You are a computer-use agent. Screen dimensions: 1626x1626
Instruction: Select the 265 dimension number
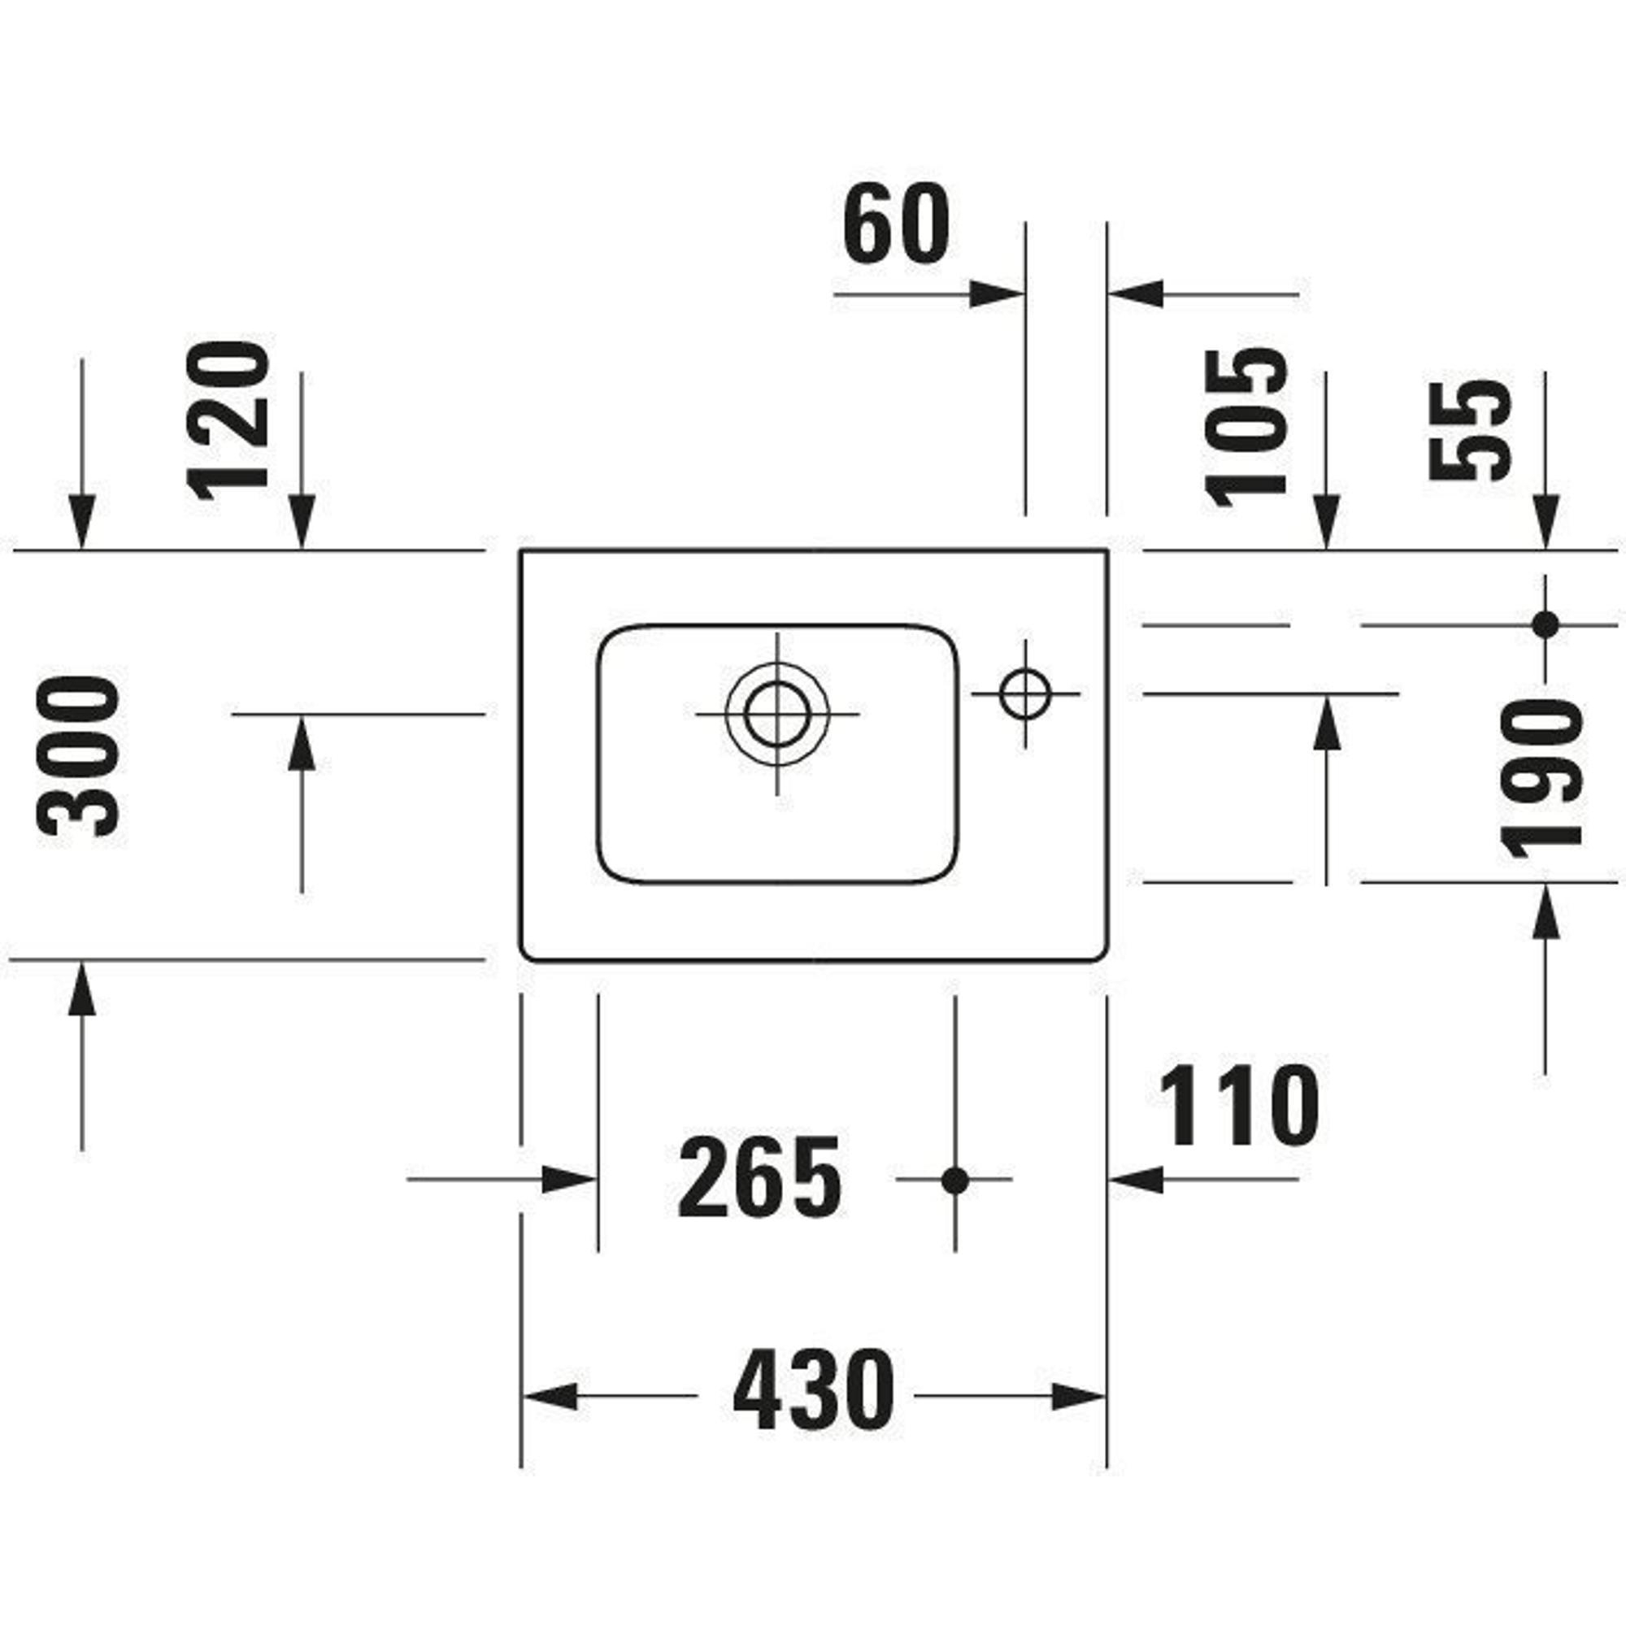759,1176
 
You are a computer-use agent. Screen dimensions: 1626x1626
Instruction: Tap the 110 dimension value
1239,1105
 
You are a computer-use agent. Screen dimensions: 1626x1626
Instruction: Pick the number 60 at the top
895,224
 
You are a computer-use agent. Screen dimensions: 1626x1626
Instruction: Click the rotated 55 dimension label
1469,430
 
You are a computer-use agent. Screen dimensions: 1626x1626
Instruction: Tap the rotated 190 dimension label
1541,779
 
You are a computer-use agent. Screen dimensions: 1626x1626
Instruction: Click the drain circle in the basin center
776,714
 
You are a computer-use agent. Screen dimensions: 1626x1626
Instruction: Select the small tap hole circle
1025,693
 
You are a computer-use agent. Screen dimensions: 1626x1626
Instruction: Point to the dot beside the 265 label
955,1180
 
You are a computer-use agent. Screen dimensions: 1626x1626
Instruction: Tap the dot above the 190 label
1546,625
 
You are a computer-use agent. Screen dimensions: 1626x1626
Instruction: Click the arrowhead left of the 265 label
569,1180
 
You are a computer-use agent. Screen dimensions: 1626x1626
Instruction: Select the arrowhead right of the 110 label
1137,1180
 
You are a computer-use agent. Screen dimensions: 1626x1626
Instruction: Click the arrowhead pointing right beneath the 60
997,294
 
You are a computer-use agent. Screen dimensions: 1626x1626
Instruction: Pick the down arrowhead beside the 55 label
1546,522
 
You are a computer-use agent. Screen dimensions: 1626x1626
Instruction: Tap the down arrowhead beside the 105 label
1326,522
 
